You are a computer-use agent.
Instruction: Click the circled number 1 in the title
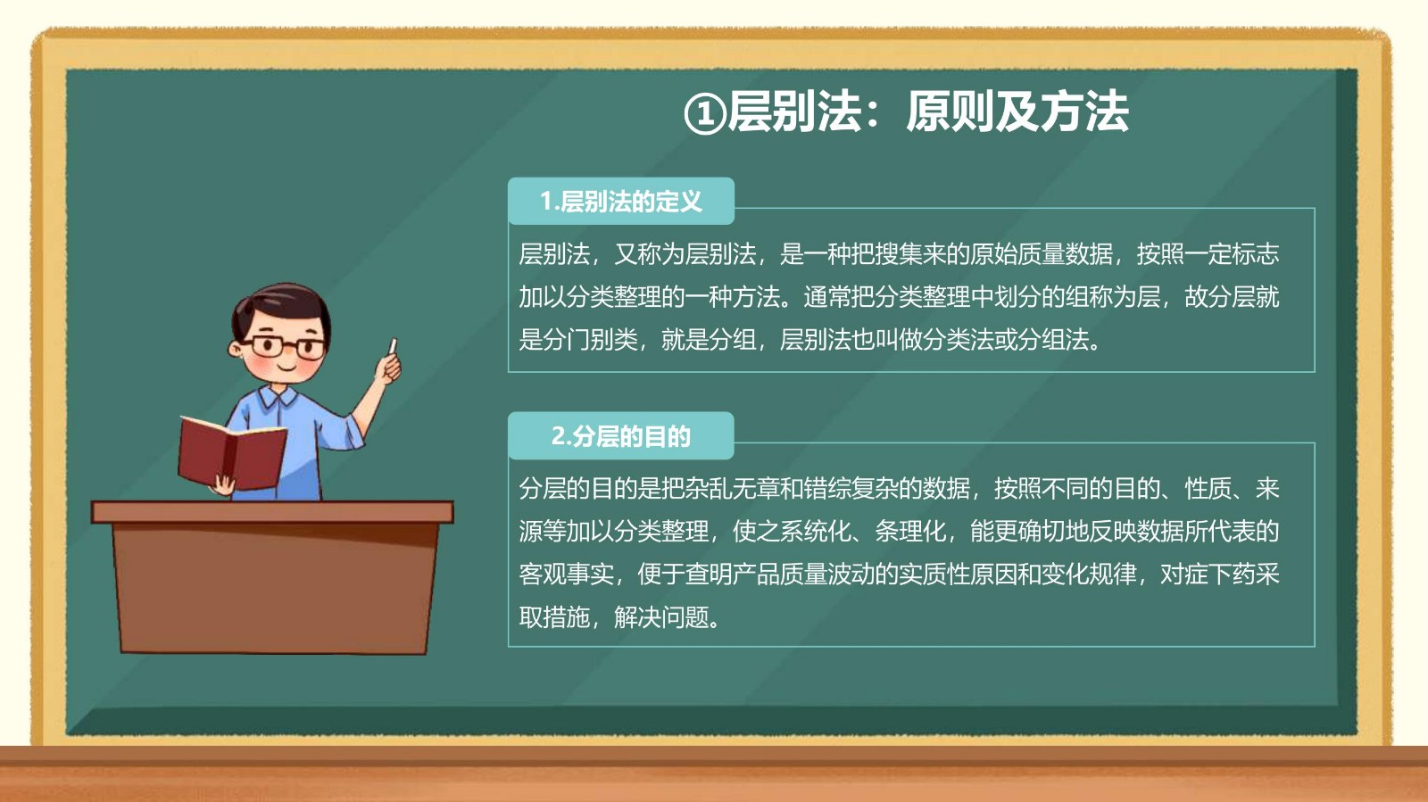704,114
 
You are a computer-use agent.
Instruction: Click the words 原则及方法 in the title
1017,112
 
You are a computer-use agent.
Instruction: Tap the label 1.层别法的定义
621,202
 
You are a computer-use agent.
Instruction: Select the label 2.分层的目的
621,436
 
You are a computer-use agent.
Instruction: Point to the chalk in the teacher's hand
393,346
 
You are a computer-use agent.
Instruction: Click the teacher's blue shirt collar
278,398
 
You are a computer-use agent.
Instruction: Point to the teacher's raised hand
388,368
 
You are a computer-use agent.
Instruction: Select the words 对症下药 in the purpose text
1208,574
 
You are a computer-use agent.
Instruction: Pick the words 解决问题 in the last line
661,616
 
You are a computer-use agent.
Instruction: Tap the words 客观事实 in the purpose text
566,574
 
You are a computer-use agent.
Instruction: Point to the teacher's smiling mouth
286,367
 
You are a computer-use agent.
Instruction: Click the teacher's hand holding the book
224,485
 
